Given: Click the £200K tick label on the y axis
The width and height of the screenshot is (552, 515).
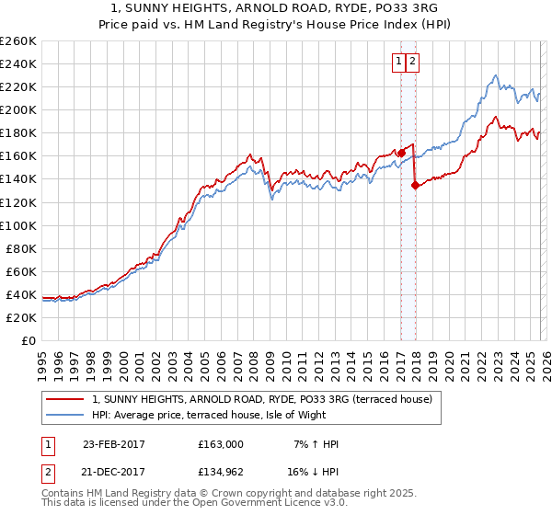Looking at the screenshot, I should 18,109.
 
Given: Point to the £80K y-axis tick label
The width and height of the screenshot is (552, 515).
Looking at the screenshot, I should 21,248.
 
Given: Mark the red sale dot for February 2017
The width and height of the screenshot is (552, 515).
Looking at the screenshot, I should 401,153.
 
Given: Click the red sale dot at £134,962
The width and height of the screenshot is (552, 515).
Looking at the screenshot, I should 415,185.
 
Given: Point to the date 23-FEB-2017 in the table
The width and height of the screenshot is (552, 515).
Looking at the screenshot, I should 114,444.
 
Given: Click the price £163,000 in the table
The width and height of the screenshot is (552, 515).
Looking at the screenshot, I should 221,444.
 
